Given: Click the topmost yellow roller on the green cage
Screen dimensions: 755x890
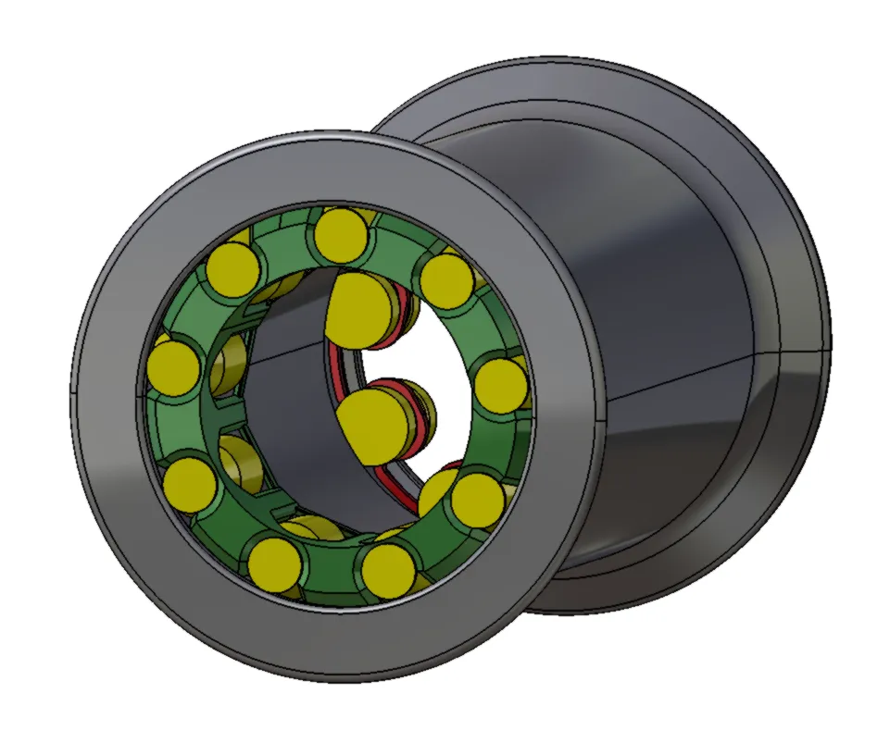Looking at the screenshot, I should tap(340, 234).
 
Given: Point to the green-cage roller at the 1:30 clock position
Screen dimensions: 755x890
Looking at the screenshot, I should tap(446, 280).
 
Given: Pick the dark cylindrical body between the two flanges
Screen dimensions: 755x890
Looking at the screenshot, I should tap(667, 278).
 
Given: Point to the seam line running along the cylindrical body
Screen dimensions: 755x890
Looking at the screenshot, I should tap(685, 375).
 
